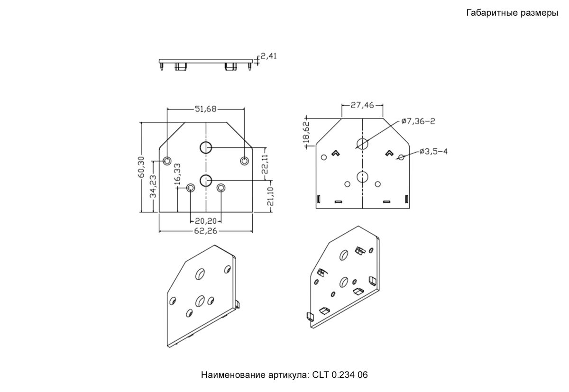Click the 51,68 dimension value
pos(205,109)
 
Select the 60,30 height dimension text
pos(141,167)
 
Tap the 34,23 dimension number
pos(153,186)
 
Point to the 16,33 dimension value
pos(177,174)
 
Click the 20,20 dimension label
pos(205,220)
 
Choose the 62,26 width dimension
pos(205,231)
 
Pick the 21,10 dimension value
pos(270,196)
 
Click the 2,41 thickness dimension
pos(269,56)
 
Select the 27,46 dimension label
pos(362,105)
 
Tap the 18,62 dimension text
pos(306,132)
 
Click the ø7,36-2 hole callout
pos(418,121)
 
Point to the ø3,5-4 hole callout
pos(433,151)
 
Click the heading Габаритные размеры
pos(512,13)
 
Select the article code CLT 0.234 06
pos(340,375)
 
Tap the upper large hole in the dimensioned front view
pos(205,147)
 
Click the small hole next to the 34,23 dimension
pos(167,161)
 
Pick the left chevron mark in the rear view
pos(335,153)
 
